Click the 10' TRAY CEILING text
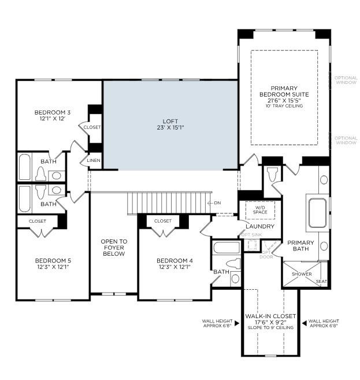284,106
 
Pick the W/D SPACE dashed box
260,209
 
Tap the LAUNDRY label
259,226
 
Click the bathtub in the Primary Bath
317,213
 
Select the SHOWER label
301,274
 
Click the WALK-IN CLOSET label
270,316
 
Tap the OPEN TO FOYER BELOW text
114,248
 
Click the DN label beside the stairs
217,202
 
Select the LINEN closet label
94,160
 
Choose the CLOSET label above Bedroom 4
163,220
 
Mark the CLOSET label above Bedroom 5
37,220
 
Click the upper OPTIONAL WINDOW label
346,79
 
